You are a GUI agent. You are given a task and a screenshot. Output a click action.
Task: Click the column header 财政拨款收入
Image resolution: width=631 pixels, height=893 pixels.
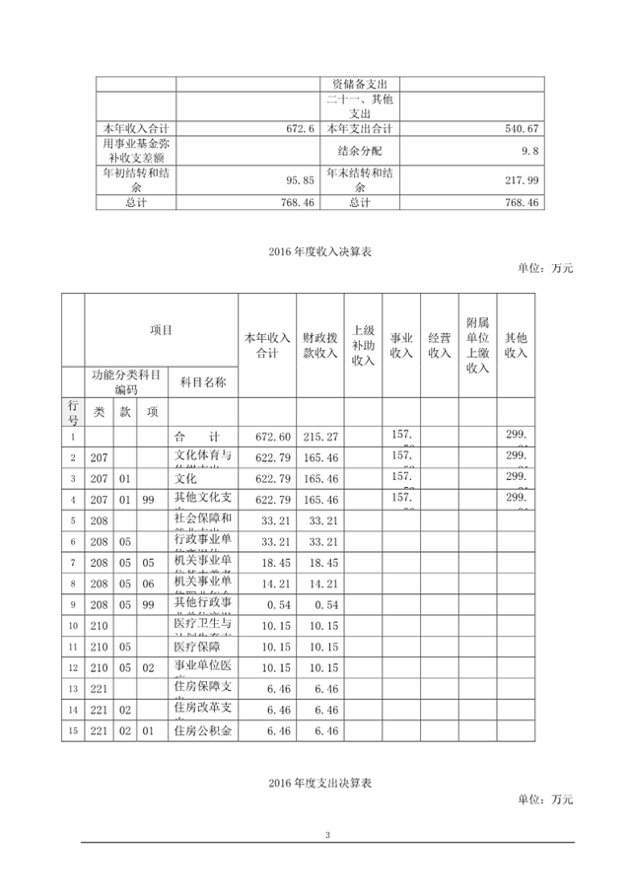coord(320,346)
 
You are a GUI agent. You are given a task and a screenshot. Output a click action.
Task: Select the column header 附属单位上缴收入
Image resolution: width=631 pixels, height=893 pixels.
coord(477,346)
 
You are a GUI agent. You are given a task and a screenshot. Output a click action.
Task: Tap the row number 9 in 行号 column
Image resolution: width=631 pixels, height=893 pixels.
coord(73,603)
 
